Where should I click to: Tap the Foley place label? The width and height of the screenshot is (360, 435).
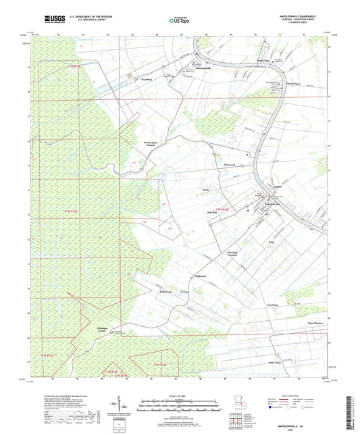pyautogui.click(x=272, y=240)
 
